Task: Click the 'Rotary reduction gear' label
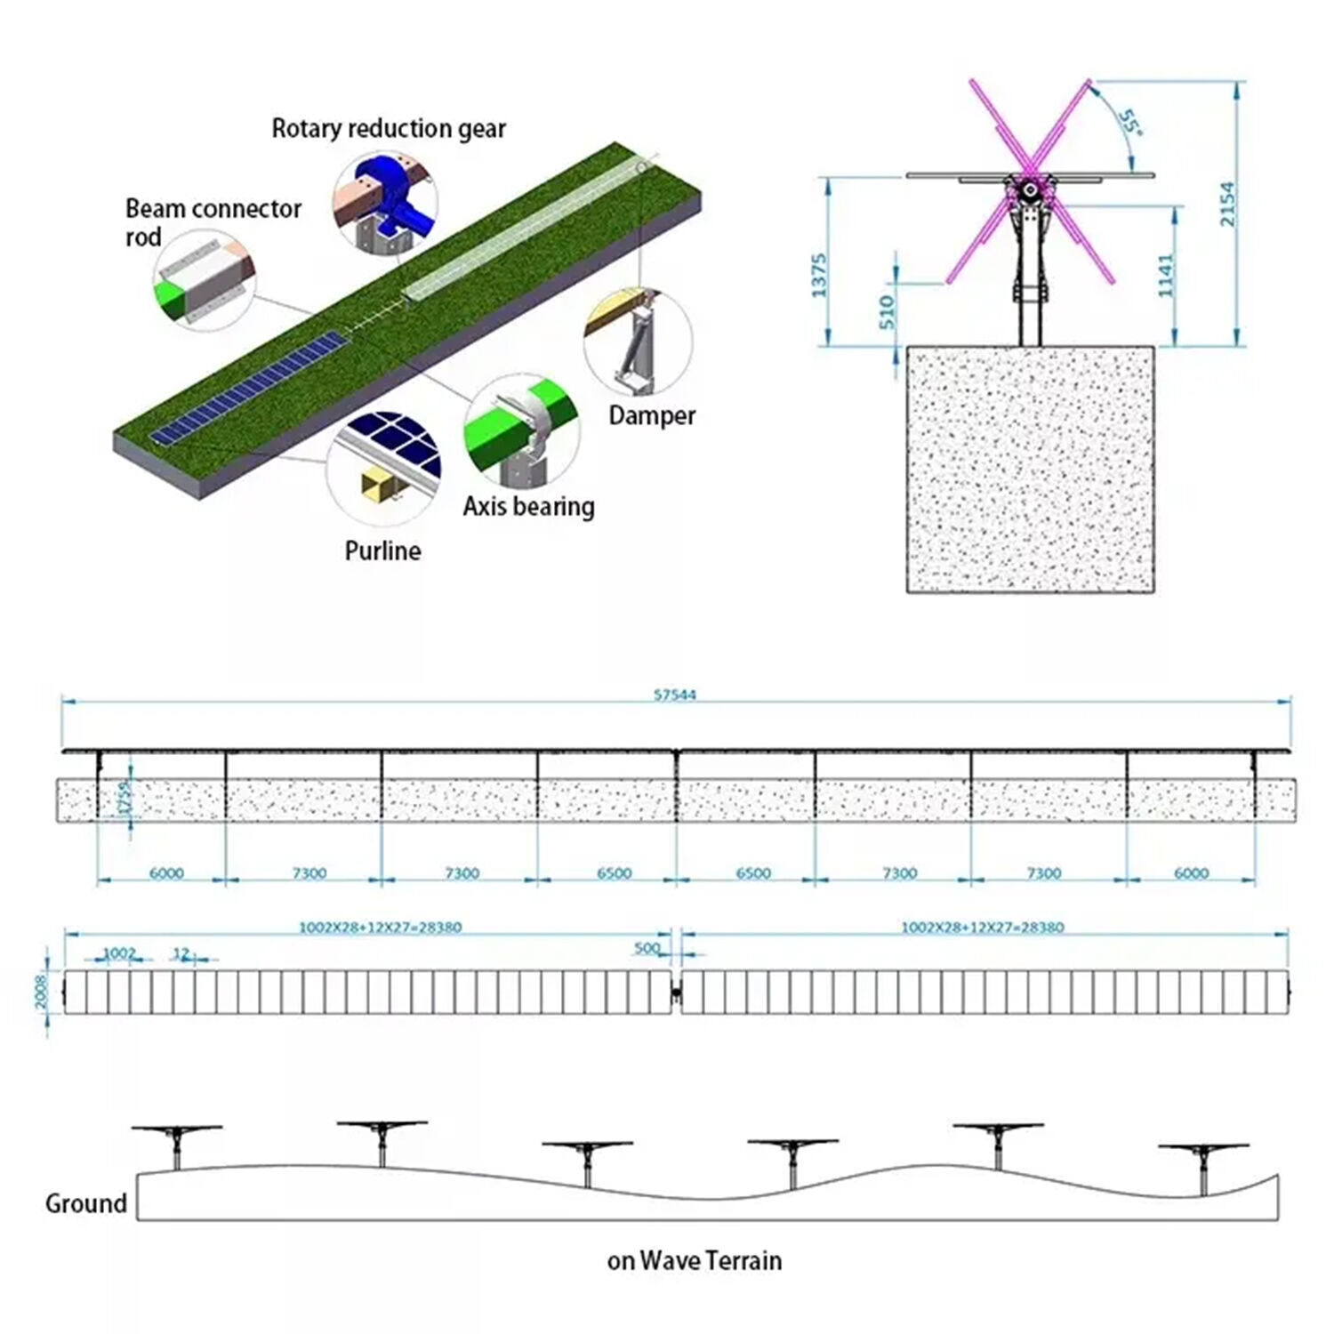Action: point(389,129)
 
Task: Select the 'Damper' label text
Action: point(652,415)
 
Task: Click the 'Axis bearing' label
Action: point(528,507)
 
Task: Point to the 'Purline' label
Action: point(382,550)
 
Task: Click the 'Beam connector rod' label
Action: point(213,222)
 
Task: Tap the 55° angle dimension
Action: point(1129,123)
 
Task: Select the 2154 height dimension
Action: point(1227,205)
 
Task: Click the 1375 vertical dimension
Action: point(819,276)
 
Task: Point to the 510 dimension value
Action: point(887,313)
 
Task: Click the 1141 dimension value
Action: point(1167,276)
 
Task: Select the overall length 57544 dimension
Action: point(675,695)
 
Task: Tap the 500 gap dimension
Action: point(647,948)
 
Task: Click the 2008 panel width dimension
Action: point(41,992)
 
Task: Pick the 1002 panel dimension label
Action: point(119,953)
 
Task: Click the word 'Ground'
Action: point(86,1203)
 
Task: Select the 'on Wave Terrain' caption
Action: point(695,1260)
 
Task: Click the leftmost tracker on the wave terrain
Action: point(176,1143)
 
